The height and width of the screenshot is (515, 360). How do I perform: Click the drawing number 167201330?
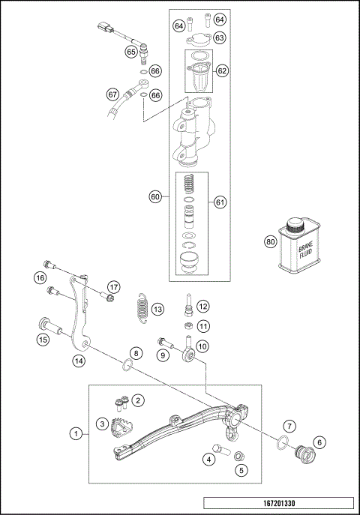278,505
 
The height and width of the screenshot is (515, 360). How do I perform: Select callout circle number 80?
270,242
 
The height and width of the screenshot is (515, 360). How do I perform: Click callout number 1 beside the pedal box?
75,433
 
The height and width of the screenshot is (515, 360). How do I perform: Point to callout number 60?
155,197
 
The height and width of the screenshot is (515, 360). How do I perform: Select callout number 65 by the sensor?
130,52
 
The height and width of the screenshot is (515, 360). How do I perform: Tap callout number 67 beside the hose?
112,94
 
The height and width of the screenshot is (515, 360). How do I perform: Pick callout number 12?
202,306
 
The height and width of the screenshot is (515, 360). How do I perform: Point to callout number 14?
77,361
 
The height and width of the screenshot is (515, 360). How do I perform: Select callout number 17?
112,286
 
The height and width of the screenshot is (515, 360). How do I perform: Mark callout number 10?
202,346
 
